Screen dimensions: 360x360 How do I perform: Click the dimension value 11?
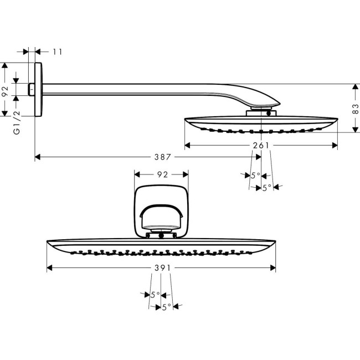[x=58, y=52]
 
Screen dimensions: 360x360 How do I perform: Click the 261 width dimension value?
[x=260, y=146]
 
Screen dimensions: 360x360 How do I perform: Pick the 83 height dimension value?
[x=354, y=108]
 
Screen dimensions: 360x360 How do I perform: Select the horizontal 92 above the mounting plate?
[x=162, y=174]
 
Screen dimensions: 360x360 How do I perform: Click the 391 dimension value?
[x=161, y=268]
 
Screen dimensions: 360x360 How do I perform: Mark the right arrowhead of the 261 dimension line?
[x=335, y=146]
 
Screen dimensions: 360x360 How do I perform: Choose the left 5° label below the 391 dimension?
[x=155, y=295]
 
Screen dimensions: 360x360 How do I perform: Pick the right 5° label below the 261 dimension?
[x=266, y=188]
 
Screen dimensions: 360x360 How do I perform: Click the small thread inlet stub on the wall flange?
[x=32, y=89]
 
